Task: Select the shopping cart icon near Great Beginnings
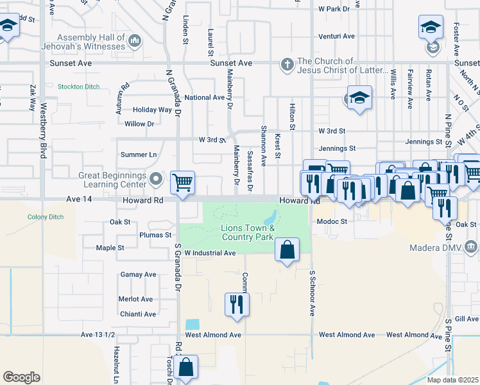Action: coord(183,182)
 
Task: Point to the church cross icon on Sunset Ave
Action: coord(286,64)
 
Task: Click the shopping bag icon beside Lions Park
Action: coord(287,250)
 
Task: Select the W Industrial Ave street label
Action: coord(210,253)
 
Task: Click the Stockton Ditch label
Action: coord(78,86)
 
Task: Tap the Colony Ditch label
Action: coord(46,217)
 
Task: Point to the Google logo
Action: coord(21,377)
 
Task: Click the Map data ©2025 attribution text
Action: coord(452,380)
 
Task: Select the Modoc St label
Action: coord(332,221)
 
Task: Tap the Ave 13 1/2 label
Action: coord(98,335)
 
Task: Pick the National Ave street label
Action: coord(204,98)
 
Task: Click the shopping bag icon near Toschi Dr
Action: coord(185,367)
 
